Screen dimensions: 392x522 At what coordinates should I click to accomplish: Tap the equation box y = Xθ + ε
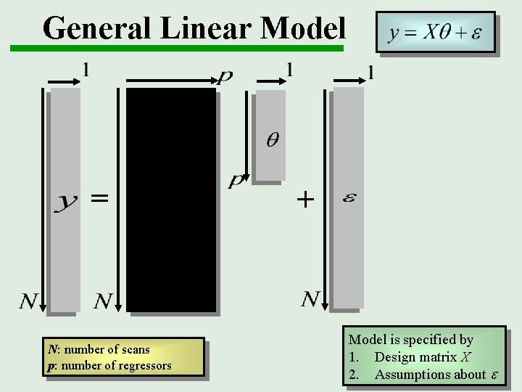[x=435, y=33]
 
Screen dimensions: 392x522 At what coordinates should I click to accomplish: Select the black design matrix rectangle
[x=171, y=200]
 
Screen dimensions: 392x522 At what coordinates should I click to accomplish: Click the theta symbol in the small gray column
[x=272, y=139]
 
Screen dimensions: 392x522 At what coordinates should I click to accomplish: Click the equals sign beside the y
[x=99, y=197]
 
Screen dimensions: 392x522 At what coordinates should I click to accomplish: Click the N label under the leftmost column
[x=29, y=300]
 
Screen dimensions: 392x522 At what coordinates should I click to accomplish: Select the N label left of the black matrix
[x=104, y=300]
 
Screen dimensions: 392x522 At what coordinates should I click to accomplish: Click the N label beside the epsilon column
[x=310, y=298]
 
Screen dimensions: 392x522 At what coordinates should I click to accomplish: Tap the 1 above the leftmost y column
[x=86, y=70]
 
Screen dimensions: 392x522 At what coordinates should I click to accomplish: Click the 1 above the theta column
[x=290, y=70]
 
